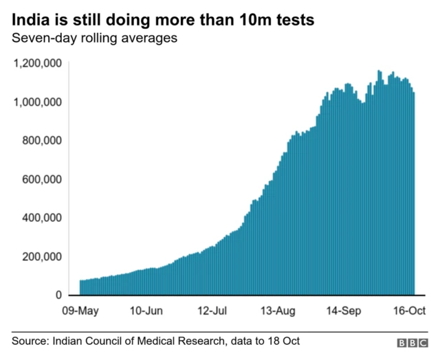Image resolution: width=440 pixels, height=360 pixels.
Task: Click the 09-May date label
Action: click(80, 311)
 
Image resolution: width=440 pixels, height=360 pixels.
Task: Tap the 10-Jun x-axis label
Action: click(146, 311)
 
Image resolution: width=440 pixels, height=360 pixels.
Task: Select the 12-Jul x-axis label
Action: click(211, 311)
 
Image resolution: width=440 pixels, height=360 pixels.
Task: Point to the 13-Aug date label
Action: click(277, 311)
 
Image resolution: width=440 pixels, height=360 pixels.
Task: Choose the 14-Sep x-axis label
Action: click(343, 311)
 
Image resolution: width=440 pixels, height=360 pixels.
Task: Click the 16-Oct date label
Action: click(408, 311)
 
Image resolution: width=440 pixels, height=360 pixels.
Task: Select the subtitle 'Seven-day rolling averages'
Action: click(95, 38)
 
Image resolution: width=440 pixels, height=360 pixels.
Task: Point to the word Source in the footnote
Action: click(30, 341)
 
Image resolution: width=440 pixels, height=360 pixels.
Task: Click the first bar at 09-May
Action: click(80, 288)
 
